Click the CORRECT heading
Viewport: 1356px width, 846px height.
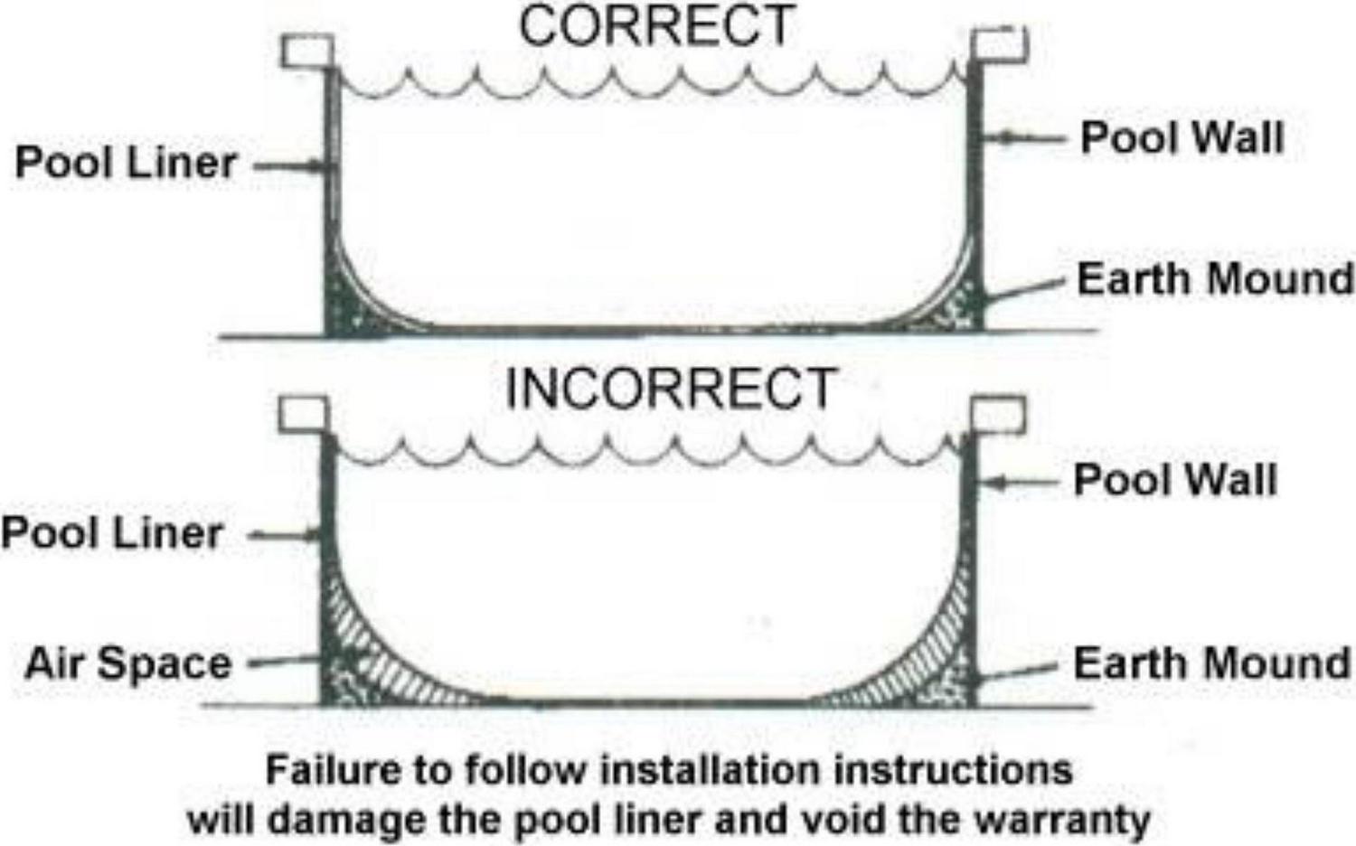656,26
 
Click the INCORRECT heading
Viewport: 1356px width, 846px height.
670,390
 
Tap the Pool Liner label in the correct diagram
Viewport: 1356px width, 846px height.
126,164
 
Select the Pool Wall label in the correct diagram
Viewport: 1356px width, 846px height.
1182,138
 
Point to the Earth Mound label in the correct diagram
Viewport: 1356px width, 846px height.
1214,279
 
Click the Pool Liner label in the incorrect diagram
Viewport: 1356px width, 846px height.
112,533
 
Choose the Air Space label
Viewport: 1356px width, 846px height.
128,664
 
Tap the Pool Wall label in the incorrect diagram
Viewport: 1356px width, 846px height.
1175,480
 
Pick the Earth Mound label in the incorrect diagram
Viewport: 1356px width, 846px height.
1211,664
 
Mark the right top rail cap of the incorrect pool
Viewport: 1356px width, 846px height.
998,414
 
